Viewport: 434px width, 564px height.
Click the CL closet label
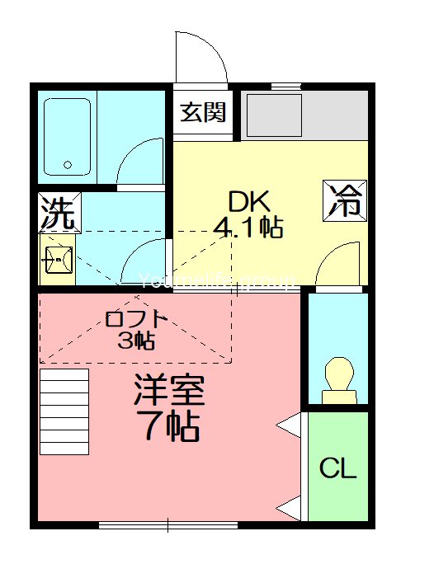click(338, 469)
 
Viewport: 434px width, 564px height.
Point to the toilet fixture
click(338, 380)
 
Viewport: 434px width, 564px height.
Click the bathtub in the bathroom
click(67, 137)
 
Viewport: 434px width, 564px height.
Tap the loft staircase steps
click(64, 411)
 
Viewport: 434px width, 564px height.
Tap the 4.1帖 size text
click(249, 227)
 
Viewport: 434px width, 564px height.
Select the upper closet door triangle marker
click(290, 425)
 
